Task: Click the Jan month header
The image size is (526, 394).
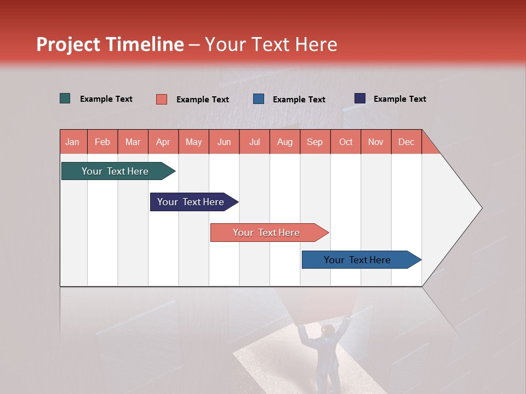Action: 72,142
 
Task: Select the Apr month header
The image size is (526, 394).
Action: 163,142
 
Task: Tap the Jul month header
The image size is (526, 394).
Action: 254,142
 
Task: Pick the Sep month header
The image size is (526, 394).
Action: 315,142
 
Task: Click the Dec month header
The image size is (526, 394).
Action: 406,142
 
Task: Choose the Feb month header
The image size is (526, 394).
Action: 102,142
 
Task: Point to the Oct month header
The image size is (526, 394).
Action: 346,142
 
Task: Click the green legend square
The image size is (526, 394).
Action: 65,99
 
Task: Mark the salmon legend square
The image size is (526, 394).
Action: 162,99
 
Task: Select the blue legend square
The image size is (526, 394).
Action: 259,99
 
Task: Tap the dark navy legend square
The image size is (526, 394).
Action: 360,99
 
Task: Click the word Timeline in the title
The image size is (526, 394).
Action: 144,44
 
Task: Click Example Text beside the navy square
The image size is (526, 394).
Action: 399,99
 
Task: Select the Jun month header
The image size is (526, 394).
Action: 224,142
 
